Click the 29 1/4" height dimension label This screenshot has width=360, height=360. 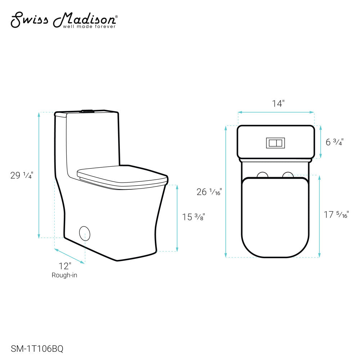point(22,175)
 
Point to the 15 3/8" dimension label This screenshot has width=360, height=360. point(194,217)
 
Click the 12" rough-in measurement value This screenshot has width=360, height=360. point(65,266)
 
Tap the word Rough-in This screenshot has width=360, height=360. point(64,275)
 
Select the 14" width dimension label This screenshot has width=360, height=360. point(278,104)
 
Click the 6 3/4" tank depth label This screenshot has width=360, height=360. point(334,142)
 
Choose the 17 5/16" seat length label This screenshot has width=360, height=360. point(336,215)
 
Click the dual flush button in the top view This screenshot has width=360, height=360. point(275,143)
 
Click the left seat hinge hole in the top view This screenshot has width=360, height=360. point(263,175)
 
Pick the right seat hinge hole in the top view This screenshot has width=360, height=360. point(288,175)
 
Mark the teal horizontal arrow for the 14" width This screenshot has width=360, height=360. point(276,112)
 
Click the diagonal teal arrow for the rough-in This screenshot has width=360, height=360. point(69,256)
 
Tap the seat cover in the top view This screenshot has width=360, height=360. point(275,216)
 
